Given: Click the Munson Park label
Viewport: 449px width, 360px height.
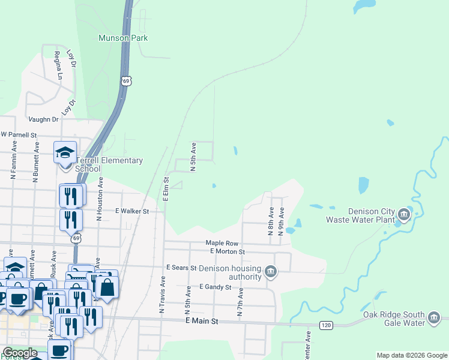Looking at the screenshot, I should [123, 38].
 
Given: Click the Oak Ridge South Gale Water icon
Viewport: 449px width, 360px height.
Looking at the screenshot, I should [435, 318].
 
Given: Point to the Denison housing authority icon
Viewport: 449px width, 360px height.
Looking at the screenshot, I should [271, 272].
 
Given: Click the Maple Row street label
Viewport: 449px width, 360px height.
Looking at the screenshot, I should [222, 243].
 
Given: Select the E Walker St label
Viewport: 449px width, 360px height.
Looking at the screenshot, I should [131, 211].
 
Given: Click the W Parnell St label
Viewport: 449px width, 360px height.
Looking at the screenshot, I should [19, 136].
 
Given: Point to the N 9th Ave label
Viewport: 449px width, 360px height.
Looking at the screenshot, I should [281, 222].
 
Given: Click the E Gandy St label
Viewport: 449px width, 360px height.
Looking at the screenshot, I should [215, 287].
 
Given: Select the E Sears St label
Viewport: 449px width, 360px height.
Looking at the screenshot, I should [181, 267].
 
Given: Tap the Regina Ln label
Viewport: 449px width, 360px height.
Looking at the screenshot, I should [58, 65].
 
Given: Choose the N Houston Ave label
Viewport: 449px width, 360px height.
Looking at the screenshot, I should [100, 199].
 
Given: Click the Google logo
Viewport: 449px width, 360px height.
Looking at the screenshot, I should [20, 353].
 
